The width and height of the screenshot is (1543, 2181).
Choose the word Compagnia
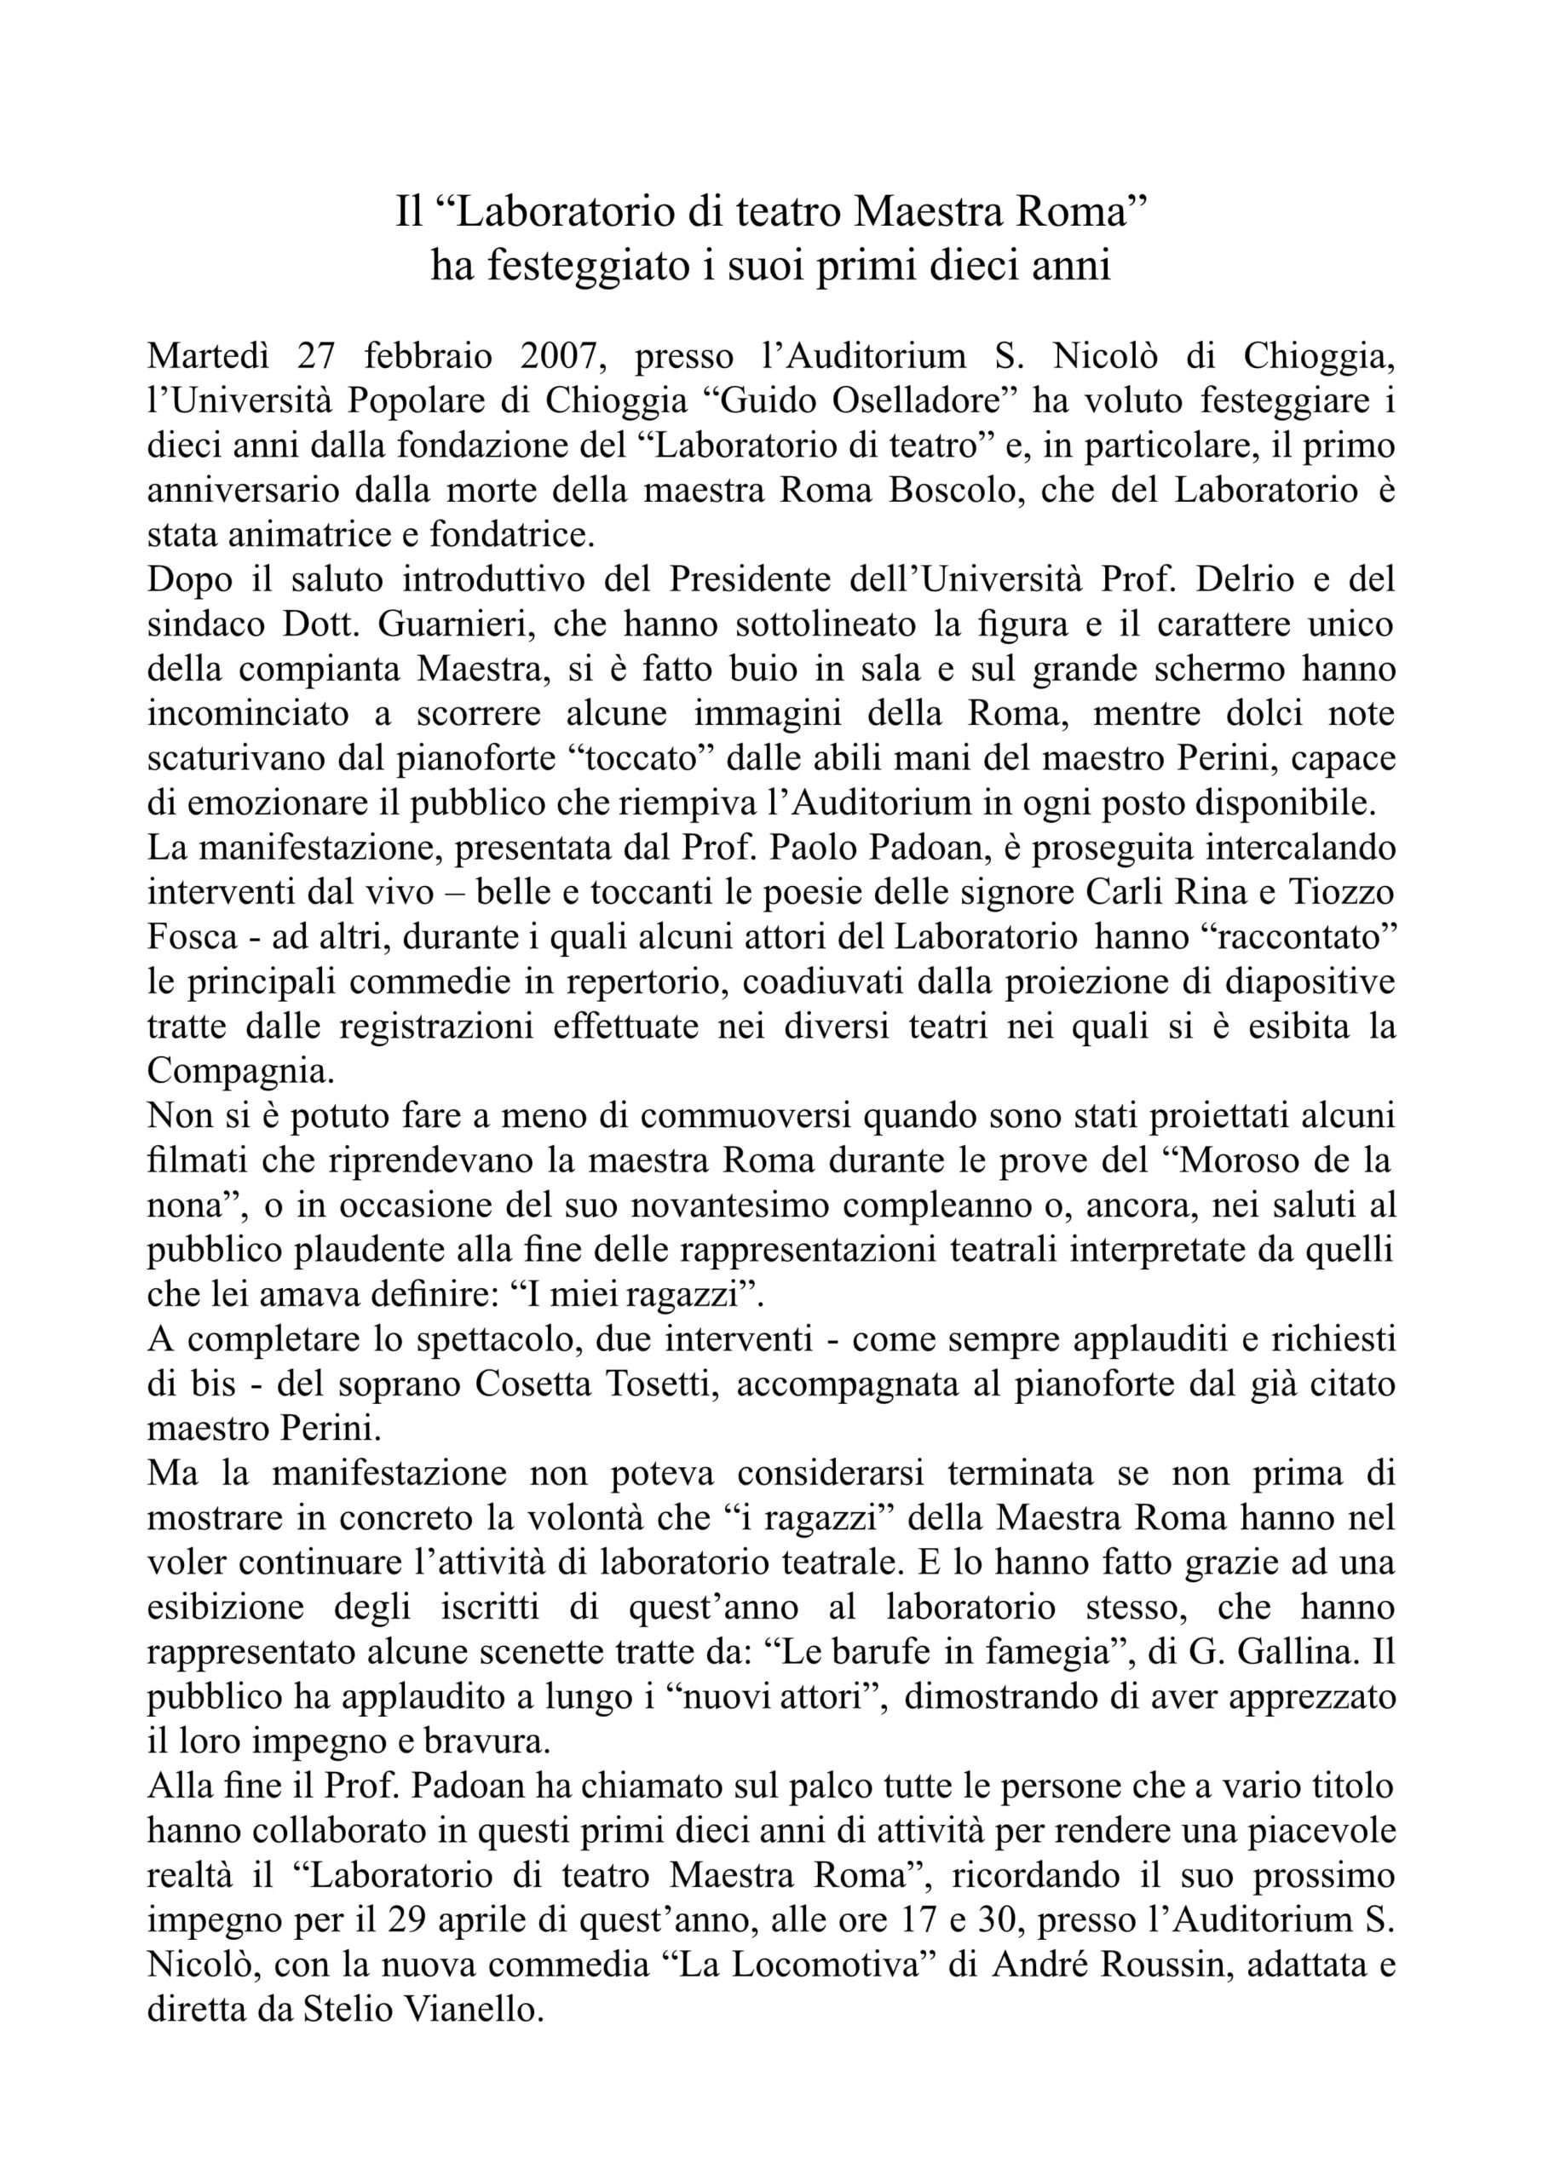pyautogui.click(x=240, y=1072)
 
